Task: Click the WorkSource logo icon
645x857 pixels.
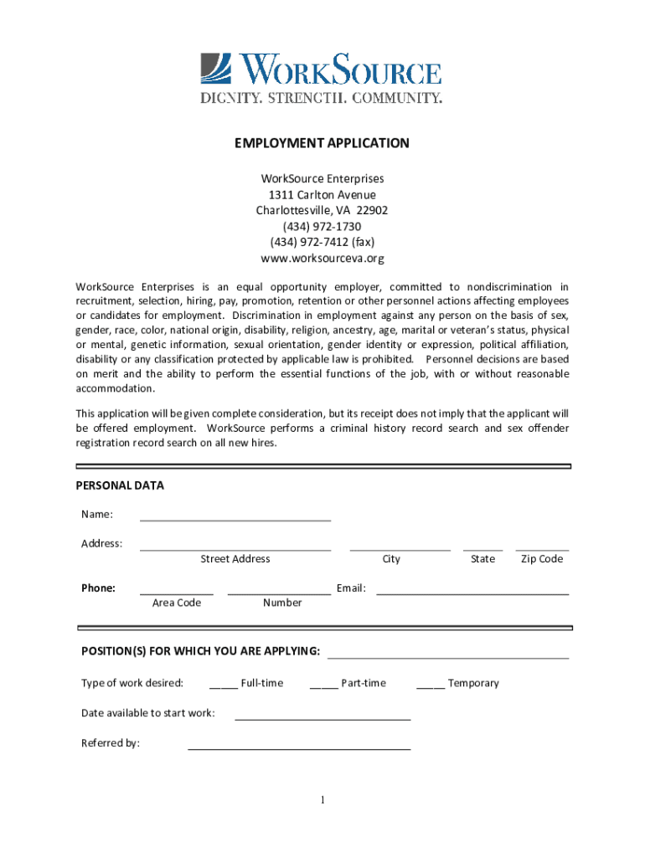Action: tap(215, 69)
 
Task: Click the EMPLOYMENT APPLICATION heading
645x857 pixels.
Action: tap(322, 143)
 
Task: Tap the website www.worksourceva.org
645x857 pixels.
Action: tap(322, 259)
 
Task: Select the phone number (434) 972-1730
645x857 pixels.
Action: tap(322, 227)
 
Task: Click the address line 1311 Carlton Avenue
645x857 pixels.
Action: tap(322, 195)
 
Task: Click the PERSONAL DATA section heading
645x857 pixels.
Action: tap(120, 485)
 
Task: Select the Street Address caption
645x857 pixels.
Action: tap(235, 559)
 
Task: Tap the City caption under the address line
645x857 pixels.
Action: tap(391, 559)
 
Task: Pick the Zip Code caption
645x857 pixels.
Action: tap(542, 559)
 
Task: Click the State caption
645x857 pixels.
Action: tap(482, 559)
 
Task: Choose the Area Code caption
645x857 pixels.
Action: tap(177, 603)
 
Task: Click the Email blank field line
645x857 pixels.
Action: tap(472, 592)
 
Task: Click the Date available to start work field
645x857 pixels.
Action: tap(322, 717)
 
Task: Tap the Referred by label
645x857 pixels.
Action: tap(111, 743)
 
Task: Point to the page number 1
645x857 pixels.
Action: tap(322, 801)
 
